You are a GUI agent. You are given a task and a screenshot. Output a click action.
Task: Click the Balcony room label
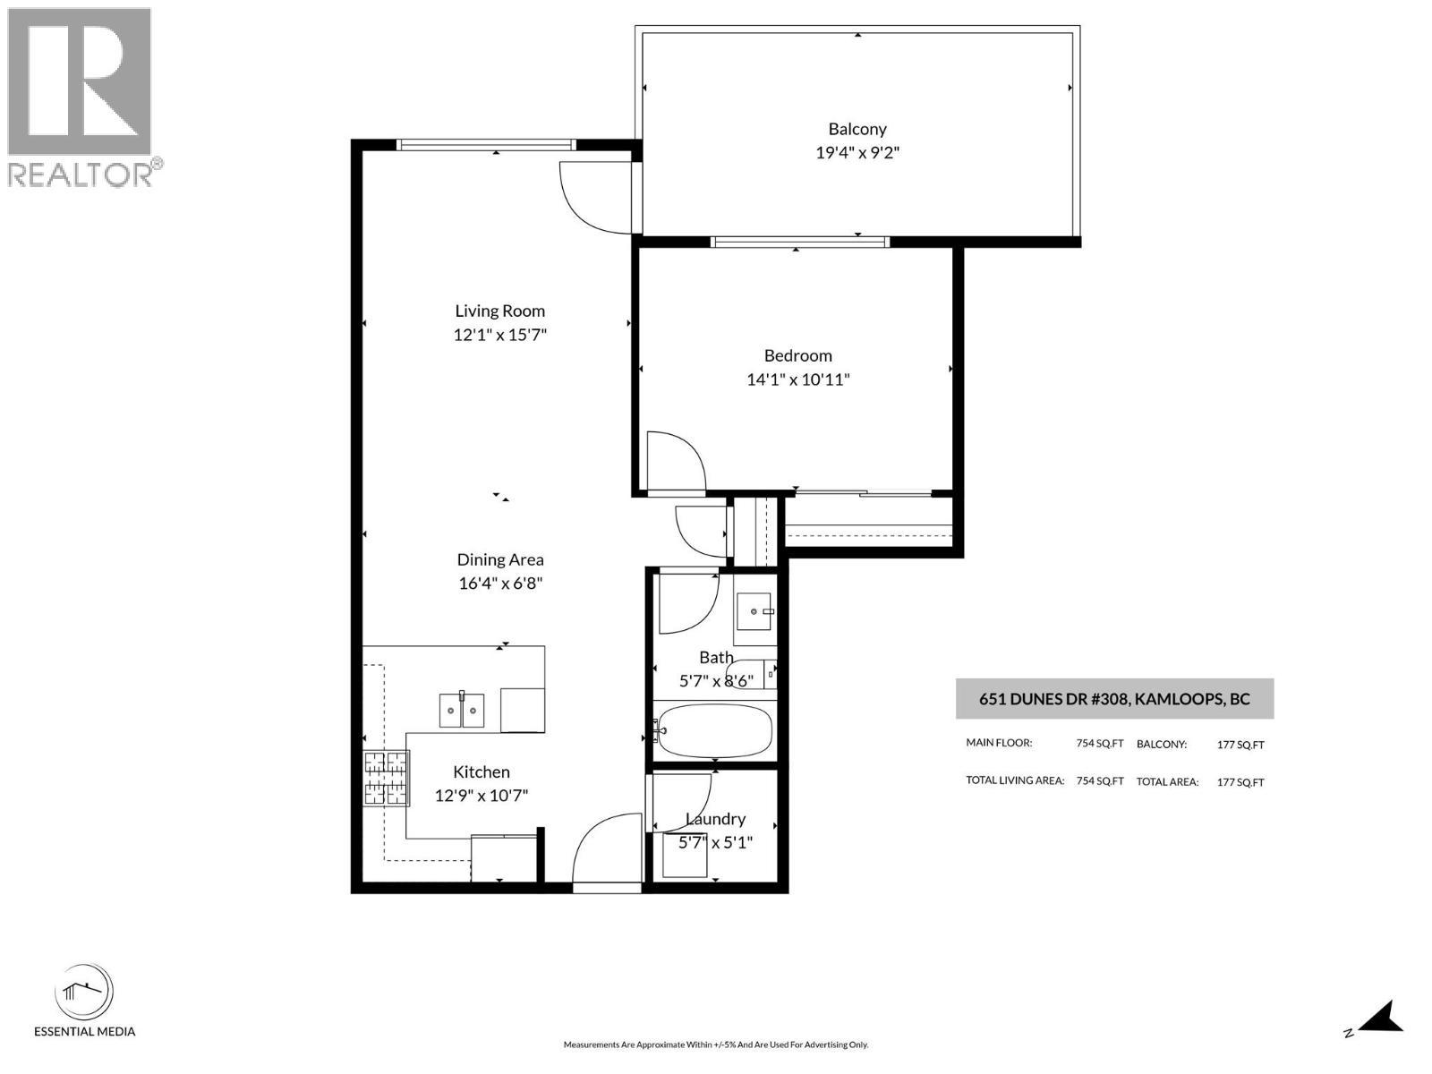(x=857, y=129)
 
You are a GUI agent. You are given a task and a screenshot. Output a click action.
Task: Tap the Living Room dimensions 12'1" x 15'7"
(x=499, y=335)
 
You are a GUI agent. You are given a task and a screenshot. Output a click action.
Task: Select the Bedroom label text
(x=797, y=356)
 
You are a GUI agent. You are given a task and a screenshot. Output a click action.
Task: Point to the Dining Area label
(x=500, y=559)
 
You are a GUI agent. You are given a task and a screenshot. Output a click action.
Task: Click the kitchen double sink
(x=461, y=710)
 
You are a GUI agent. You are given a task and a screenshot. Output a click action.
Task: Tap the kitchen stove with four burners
(x=387, y=778)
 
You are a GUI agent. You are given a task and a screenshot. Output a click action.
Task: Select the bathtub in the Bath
(x=713, y=730)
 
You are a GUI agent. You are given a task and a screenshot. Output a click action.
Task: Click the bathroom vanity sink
(x=754, y=611)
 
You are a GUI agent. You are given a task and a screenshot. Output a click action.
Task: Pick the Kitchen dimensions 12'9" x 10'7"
(x=482, y=796)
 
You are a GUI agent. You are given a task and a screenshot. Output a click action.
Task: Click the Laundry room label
(x=716, y=819)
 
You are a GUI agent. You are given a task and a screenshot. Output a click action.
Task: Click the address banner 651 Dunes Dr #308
(x=1114, y=699)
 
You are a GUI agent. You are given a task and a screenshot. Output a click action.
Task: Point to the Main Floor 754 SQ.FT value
(x=1100, y=744)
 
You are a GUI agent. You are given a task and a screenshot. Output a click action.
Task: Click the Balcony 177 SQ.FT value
(x=1240, y=745)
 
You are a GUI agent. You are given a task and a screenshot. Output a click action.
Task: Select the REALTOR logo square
(x=80, y=81)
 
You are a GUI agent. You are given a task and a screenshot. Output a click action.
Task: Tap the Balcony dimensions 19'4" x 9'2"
(x=857, y=152)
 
